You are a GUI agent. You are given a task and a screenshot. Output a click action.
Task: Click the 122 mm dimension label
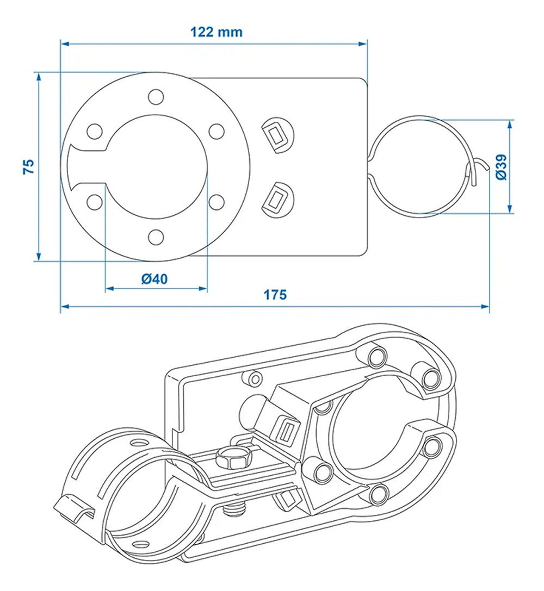(216, 32)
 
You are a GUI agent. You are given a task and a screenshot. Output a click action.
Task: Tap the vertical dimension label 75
(29, 166)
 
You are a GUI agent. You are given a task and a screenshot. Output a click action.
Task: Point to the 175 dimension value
(275, 295)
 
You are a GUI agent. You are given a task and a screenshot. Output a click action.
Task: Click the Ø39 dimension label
(501, 167)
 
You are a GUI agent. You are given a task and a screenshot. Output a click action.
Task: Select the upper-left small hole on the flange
(95, 132)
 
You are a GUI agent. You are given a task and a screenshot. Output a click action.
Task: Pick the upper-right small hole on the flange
(217, 131)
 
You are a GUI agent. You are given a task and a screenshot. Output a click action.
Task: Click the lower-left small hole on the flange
(95, 202)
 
